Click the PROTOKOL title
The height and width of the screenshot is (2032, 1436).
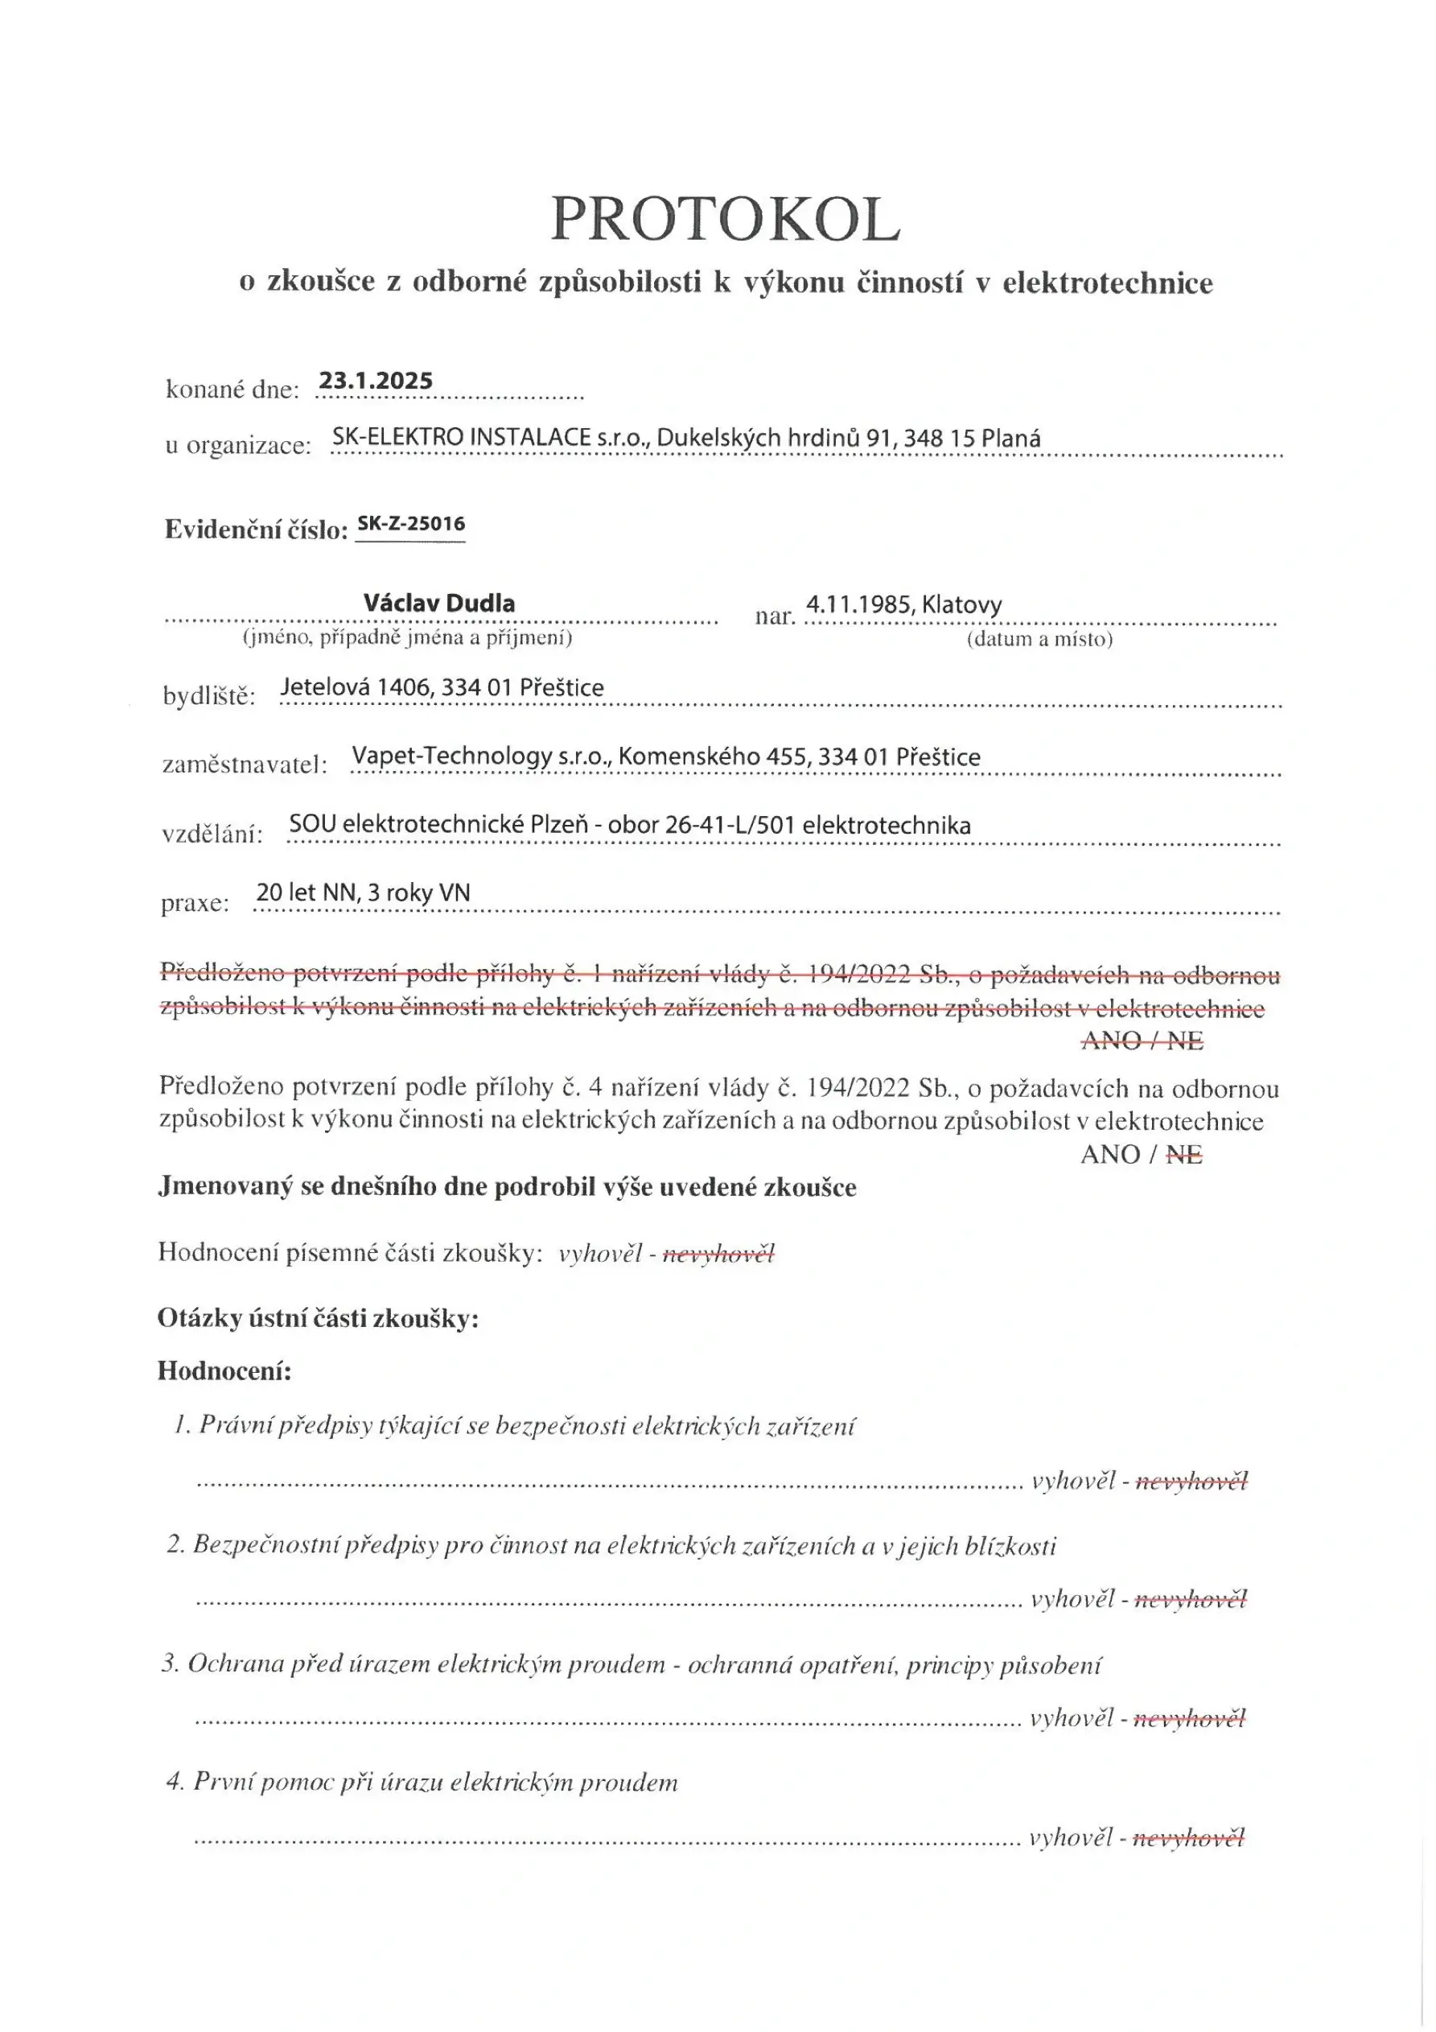tap(725, 219)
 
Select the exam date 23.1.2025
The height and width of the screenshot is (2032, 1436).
tap(375, 381)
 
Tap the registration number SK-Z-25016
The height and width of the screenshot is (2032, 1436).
tap(410, 524)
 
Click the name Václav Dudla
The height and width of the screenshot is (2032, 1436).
tap(439, 604)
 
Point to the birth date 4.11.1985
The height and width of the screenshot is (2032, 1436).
tap(858, 604)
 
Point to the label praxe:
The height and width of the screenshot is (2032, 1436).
tap(195, 903)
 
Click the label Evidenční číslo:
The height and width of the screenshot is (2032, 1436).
tap(256, 530)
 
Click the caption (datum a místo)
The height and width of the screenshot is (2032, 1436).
tap(1039, 639)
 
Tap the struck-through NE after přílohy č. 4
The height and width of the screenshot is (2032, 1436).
tap(1184, 1154)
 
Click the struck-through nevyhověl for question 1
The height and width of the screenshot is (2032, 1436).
tap(1191, 1481)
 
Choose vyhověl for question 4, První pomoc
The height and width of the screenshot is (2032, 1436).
tap(1070, 1838)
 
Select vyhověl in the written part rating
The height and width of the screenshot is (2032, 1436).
tap(600, 1253)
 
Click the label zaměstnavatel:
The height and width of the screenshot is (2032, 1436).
tap(245, 764)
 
